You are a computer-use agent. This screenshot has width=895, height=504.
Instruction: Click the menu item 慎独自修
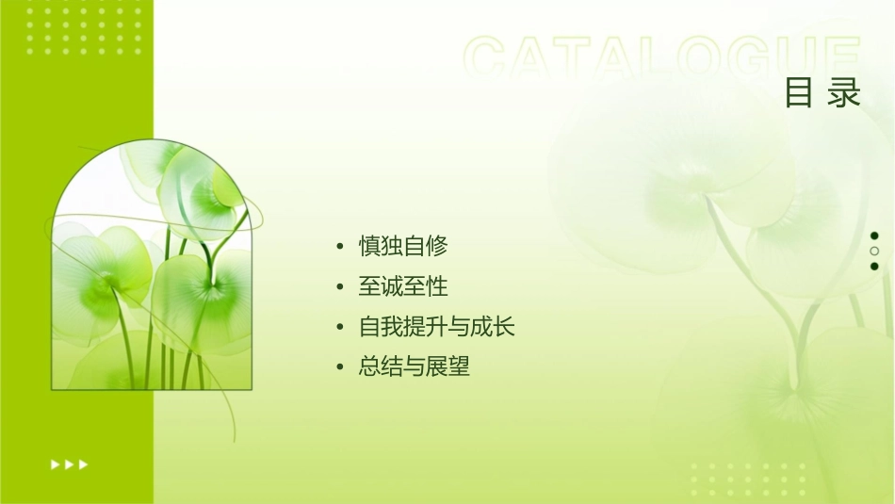(403, 247)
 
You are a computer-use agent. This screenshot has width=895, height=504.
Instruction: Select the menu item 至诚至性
(403, 286)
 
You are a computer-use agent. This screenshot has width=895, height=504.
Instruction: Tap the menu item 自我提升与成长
(437, 327)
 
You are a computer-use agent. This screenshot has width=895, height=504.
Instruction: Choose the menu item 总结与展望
(415, 366)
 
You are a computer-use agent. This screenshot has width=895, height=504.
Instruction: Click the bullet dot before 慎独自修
(340, 247)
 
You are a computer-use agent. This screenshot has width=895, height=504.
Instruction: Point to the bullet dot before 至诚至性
(340, 286)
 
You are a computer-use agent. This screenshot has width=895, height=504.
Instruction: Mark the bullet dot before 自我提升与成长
(340, 327)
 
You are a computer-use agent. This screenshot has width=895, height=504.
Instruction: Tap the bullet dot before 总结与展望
(340, 366)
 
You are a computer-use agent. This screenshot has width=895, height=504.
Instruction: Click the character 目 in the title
(799, 93)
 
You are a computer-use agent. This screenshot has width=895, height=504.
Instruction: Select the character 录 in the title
(845, 93)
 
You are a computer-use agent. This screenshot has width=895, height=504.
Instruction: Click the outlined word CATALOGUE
(662, 58)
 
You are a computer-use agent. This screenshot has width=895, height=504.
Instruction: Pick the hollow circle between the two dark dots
(874, 251)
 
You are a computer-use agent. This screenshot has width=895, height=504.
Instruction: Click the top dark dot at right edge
(874, 236)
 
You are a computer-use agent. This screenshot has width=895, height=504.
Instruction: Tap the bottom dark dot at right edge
(874, 266)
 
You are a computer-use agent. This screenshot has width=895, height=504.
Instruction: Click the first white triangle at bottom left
(56, 463)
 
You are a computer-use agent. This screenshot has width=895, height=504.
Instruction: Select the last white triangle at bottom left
(84, 463)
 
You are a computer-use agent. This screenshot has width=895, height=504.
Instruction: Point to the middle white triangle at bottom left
(70, 463)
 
